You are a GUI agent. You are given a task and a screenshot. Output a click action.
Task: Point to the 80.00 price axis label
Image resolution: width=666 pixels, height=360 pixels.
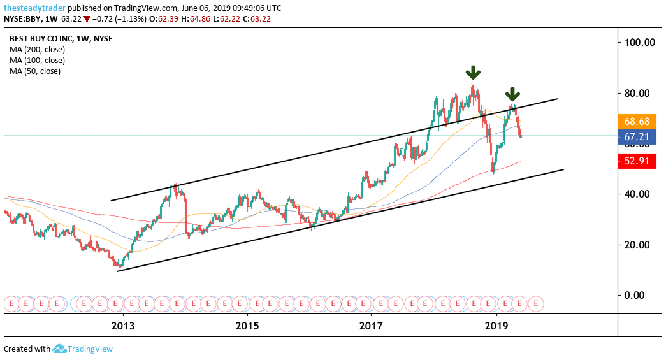pyautogui.click(x=639, y=94)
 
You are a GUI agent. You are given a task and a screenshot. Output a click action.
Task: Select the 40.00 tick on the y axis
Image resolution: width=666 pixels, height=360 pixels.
pyautogui.click(x=639, y=194)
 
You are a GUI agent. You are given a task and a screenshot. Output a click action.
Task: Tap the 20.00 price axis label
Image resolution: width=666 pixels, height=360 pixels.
pyautogui.click(x=639, y=245)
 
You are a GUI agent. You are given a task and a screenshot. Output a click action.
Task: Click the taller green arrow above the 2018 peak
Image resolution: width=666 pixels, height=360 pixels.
pyautogui.click(x=472, y=72)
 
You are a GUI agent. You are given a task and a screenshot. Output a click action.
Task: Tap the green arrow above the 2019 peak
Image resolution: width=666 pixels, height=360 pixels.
pyautogui.click(x=512, y=96)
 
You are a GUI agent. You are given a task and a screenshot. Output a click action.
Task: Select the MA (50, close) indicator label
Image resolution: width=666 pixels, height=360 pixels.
pyautogui.click(x=35, y=71)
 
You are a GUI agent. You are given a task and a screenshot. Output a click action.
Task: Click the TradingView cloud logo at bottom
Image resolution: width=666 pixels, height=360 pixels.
pyautogui.click(x=60, y=349)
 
